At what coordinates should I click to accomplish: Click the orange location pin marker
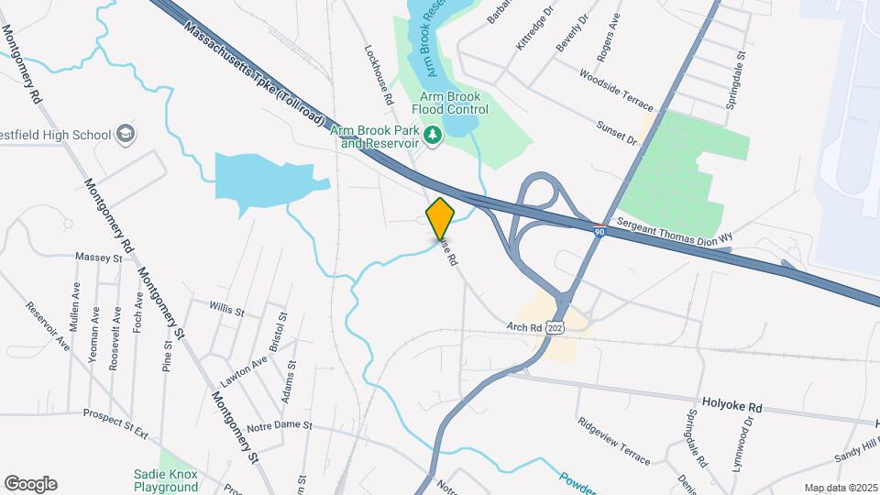coord(440,218)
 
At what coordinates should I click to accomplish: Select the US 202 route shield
coord(553,326)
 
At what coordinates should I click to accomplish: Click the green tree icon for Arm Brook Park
coord(432,137)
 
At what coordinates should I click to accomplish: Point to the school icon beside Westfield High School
coord(126,135)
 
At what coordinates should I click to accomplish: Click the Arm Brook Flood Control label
coord(454,103)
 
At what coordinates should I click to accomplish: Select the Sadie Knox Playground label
coord(166,480)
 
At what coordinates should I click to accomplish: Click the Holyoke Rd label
coord(731,404)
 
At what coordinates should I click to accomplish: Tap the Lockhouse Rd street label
coord(379,74)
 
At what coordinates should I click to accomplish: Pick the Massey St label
coord(99,258)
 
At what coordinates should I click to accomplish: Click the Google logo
coord(30,484)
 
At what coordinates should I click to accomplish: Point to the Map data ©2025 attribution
coord(840,488)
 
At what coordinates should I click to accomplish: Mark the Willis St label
coord(226,311)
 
